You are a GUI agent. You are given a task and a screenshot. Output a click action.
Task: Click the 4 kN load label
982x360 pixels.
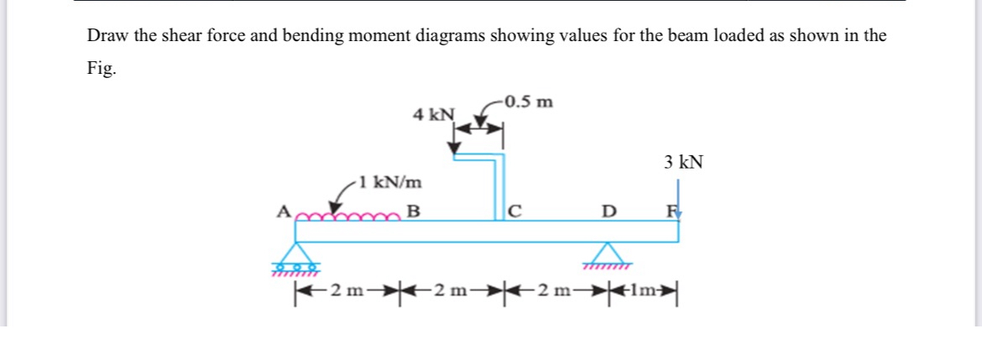433,114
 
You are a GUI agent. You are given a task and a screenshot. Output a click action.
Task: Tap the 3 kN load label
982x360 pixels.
683,161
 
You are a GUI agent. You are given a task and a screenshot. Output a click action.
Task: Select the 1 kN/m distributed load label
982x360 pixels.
388,182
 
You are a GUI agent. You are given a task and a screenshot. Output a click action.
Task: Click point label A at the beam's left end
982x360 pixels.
283,212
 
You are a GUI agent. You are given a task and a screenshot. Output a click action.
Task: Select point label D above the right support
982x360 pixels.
610,212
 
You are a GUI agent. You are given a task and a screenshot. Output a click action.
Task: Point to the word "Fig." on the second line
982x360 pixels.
102,70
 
